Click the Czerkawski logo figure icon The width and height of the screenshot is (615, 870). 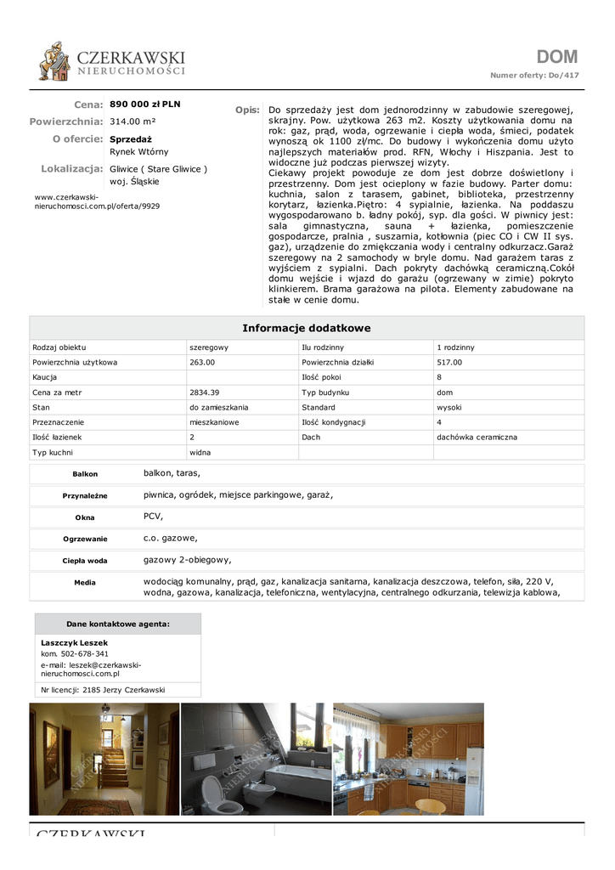point(54,61)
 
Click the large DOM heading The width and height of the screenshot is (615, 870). point(556,57)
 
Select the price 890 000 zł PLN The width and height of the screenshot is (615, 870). point(145,105)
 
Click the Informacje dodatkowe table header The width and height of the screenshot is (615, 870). point(307,328)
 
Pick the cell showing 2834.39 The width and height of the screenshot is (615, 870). point(204,393)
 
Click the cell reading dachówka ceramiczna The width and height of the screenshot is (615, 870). point(477,438)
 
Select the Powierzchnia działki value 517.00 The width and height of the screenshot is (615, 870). point(449,363)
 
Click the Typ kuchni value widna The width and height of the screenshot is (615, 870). point(200,453)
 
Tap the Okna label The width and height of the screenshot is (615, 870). point(85,517)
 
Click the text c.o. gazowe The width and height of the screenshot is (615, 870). point(171,538)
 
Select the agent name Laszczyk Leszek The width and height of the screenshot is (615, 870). point(75,643)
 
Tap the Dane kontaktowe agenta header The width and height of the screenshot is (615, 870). point(118,624)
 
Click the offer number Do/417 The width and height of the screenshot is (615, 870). point(563,76)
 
